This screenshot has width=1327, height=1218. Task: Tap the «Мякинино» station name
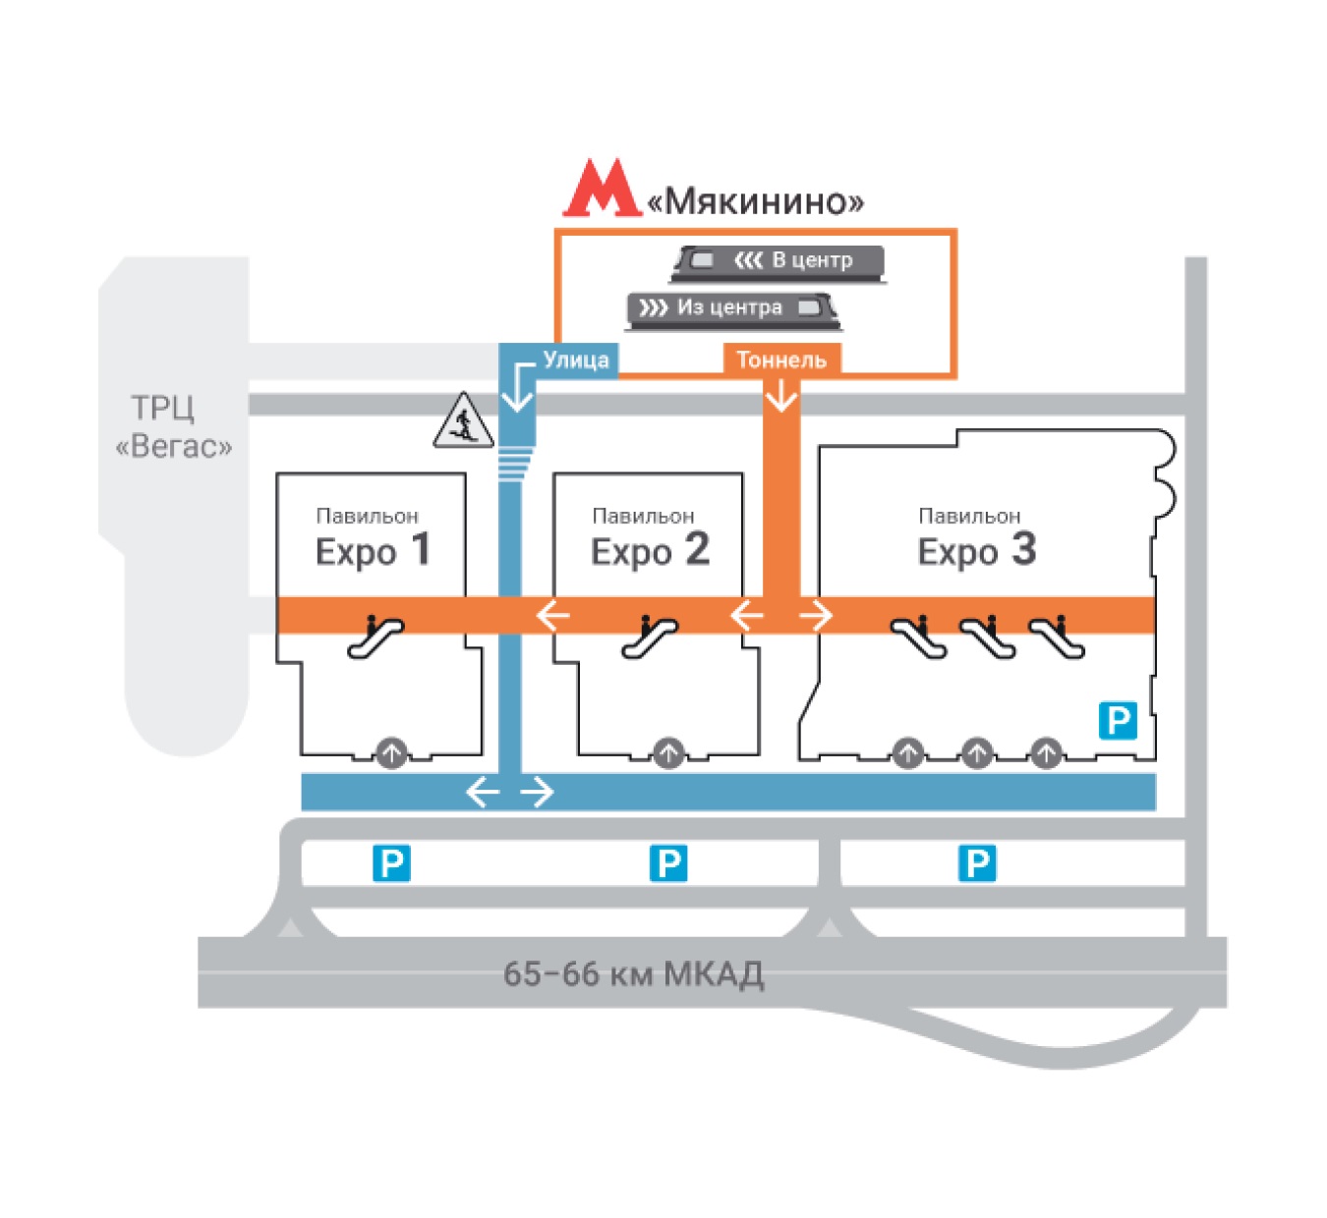755,201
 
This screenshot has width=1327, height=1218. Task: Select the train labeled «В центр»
779,261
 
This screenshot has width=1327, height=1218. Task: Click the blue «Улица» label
576,360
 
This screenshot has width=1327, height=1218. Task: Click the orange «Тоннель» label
781,360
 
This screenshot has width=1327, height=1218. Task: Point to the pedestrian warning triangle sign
463,422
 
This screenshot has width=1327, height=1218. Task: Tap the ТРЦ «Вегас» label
173,427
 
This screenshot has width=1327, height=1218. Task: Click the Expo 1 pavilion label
372,539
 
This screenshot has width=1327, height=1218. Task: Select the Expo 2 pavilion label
649,539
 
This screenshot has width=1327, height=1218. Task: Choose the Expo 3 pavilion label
975,539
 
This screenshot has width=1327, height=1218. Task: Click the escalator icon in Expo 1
375,637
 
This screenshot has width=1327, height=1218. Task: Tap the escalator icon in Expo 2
650,637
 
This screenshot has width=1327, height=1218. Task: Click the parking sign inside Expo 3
1118,720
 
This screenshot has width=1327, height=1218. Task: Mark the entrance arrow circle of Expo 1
391,753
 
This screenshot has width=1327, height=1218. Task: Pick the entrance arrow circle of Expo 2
668,753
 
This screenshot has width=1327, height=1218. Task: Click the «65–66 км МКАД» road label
633,973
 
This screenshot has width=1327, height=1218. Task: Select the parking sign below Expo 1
391,863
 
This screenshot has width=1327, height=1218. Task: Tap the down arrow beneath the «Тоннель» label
781,395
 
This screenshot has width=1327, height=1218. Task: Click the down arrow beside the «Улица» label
517,392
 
